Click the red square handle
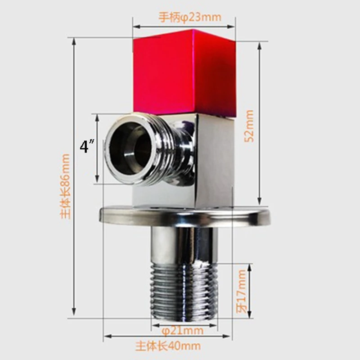(185, 72)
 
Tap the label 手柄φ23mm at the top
(190, 18)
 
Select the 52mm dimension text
(249, 126)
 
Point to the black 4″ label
(87, 147)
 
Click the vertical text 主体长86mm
(64, 186)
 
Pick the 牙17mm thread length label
(242, 291)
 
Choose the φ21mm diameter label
(183, 331)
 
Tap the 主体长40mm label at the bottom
(168, 346)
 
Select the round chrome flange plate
(184, 216)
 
